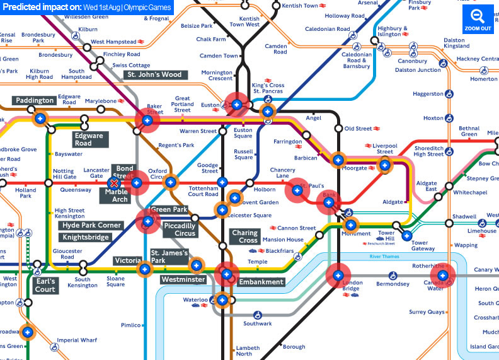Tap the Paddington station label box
click(35, 101)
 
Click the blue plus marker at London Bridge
click(338, 276)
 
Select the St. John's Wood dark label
click(154, 74)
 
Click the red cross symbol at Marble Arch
click(115, 183)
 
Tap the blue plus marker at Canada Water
click(443, 275)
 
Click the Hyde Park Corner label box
click(91, 225)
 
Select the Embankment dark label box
click(261, 282)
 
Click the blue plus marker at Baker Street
click(147, 120)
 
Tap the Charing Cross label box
click(244, 236)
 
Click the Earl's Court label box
click(45, 285)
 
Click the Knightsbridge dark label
click(86, 238)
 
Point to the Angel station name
click(313, 118)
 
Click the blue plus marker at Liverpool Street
click(384, 165)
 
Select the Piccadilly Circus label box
click(180, 229)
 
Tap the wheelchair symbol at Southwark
click(248, 313)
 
